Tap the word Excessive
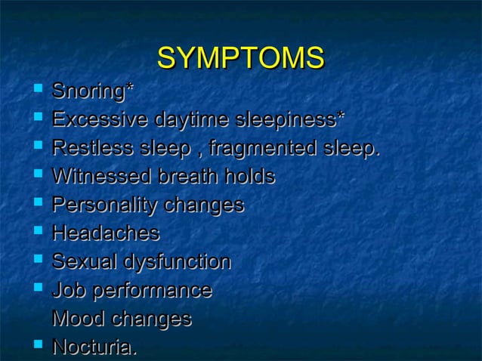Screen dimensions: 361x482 click(100, 120)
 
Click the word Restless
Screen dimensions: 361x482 click(90, 148)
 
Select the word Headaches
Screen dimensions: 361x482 click(106, 233)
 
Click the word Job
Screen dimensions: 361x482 click(66, 290)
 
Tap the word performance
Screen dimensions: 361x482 click(150, 291)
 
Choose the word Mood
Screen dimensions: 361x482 click(78, 319)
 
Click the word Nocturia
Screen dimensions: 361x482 click(94, 347)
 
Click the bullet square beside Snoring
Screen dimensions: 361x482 click(38, 91)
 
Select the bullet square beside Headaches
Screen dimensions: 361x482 click(38, 233)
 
